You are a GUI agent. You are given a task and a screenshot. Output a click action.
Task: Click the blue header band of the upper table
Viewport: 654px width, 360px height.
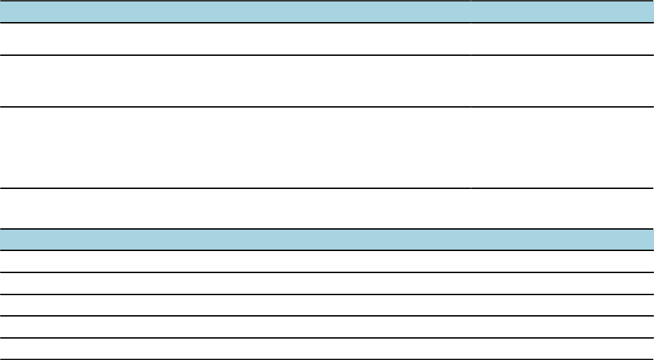click(x=327, y=12)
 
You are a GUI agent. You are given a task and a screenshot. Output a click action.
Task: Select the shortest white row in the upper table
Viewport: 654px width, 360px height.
click(x=327, y=39)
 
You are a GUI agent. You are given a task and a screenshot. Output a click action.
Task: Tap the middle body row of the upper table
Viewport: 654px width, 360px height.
click(x=327, y=81)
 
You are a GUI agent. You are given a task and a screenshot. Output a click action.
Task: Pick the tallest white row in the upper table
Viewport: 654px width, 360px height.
click(x=327, y=148)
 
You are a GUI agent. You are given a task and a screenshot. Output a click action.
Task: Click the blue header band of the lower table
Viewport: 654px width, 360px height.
click(x=327, y=240)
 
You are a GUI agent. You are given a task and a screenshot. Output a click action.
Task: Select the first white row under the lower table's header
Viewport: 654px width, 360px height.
click(x=327, y=261)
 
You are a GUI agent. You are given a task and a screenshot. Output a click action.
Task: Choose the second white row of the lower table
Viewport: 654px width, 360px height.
click(x=327, y=283)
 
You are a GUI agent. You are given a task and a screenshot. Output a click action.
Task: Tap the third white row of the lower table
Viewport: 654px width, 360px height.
click(x=327, y=306)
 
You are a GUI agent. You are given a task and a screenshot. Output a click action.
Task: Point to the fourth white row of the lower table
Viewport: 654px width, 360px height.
click(x=327, y=327)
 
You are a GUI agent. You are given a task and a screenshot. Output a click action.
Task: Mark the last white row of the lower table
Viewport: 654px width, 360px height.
click(x=327, y=349)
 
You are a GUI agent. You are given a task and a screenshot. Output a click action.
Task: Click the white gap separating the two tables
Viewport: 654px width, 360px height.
click(x=327, y=209)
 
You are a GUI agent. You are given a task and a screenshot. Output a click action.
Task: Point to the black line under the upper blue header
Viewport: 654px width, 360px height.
click(x=327, y=23)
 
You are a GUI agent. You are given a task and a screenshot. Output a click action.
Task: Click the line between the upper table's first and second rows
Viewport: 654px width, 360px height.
click(x=327, y=55)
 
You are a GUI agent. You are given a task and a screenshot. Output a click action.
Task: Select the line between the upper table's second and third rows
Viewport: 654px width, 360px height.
click(x=327, y=107)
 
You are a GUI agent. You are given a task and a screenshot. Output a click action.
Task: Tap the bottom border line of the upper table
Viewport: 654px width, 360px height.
click(x=327, y=188)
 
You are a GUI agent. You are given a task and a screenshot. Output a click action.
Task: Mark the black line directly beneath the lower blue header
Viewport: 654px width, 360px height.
click(x=327, y=250)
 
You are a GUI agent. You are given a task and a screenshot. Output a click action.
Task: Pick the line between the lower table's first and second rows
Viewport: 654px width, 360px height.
click(x=327, y=272)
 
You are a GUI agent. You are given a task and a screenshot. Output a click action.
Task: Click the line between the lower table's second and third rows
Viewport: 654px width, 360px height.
click(x=327, y=294)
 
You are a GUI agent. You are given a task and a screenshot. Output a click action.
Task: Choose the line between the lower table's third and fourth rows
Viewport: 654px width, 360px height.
click(x=327, y=316)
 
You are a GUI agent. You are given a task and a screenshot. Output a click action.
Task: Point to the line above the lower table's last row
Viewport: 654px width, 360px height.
click(x=327, y=338)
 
